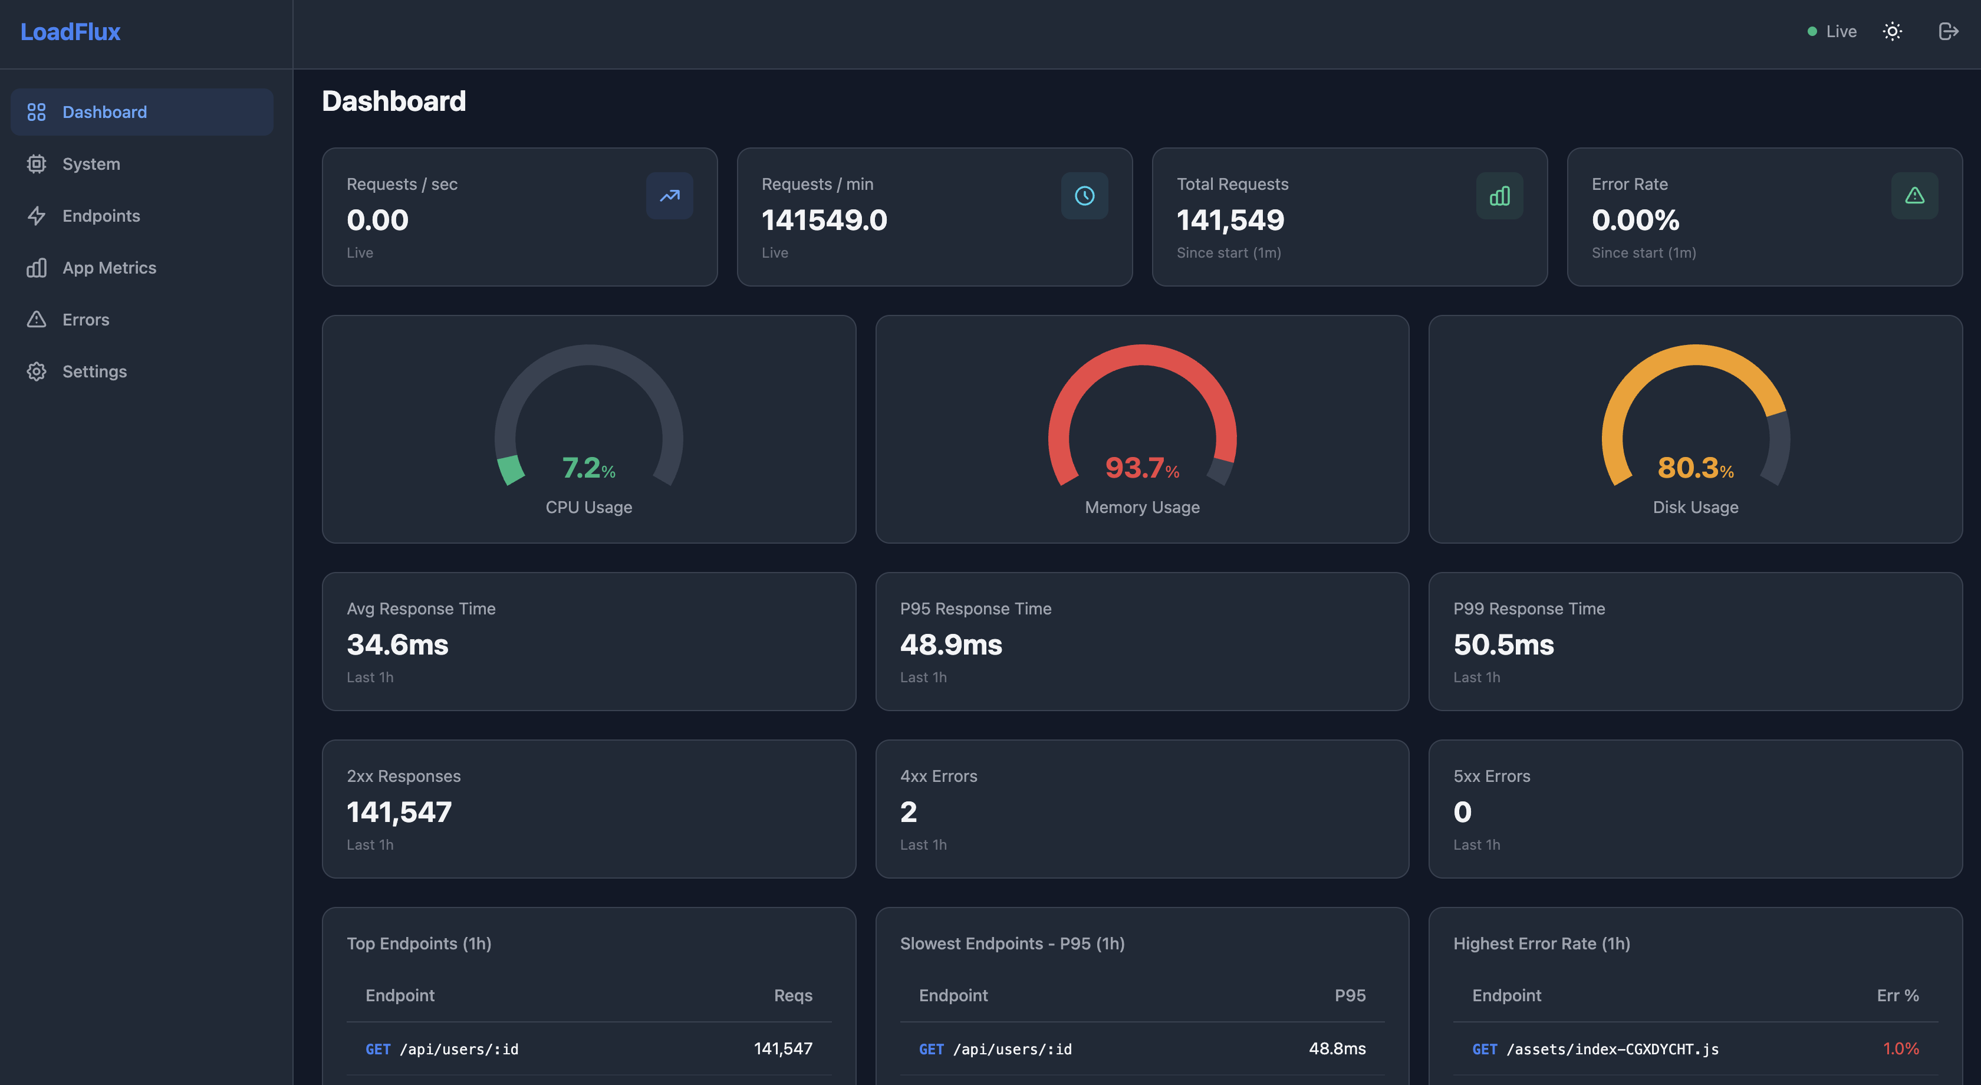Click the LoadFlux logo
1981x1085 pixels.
(x=70, y=31)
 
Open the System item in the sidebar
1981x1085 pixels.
(x=91, y=164)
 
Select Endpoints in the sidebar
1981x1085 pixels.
(x=101, y=216)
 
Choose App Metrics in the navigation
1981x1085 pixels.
(x=108, y=268)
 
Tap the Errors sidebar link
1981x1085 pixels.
(x=85, y=320)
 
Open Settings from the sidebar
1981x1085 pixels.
(x=94, y=371)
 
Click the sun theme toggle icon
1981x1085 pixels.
(x=1892, y=31)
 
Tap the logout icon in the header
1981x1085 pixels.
(x=1948, y=31)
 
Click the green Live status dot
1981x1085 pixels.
(x=1812, y=31)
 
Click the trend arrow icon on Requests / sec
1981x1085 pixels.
(x=669, y=196)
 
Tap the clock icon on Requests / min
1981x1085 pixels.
(x=1084, y=196)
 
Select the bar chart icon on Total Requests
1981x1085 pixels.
(x=1499, y=196)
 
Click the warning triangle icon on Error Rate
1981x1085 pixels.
(x=1914, y=196)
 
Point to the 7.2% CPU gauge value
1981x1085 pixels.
(x=588, y=468)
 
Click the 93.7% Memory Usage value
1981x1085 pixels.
(x=1141, y=468)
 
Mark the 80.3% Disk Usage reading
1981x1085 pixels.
(x=1695, y=468)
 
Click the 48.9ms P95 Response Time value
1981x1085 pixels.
(x=950, y=645)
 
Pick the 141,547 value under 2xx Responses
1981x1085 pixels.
(x=399, y=812)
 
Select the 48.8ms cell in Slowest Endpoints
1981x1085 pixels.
(x=1337, y=1048)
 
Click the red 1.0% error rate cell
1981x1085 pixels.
(x=1900, y=1048)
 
